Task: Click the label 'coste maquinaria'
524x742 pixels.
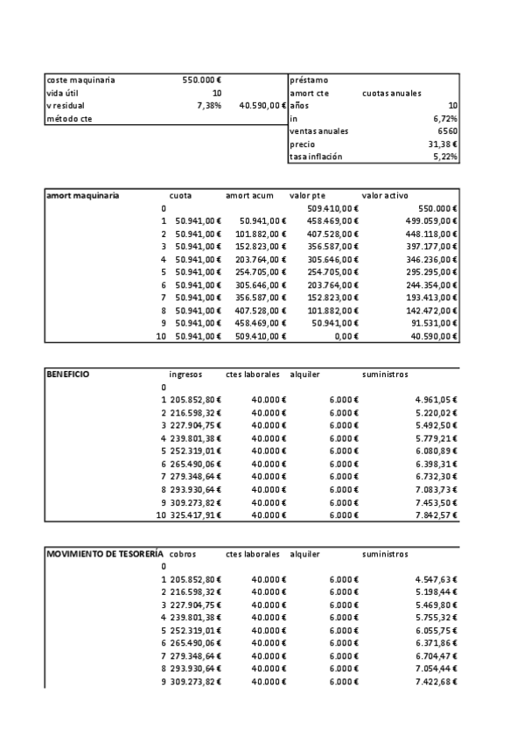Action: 80,80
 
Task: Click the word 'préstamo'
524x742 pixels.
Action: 308,80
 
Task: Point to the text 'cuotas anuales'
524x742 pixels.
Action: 391,93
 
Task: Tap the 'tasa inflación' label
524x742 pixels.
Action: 316,157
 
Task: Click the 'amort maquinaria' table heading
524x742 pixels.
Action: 82,195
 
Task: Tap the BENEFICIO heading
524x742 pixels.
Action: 68,374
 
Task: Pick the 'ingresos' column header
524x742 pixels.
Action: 185,374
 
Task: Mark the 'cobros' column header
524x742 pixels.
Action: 183,554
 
